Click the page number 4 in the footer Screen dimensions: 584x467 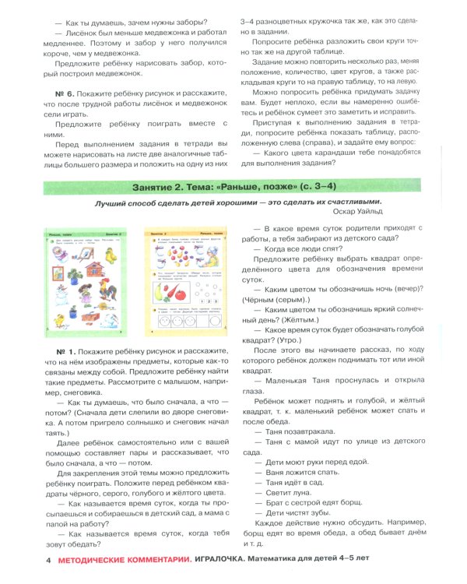coord(49,559)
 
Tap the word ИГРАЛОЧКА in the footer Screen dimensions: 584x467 coord(228,559)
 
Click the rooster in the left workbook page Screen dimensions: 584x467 coord(107,290)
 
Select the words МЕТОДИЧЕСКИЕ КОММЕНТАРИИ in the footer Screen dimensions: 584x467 coord(126,559)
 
